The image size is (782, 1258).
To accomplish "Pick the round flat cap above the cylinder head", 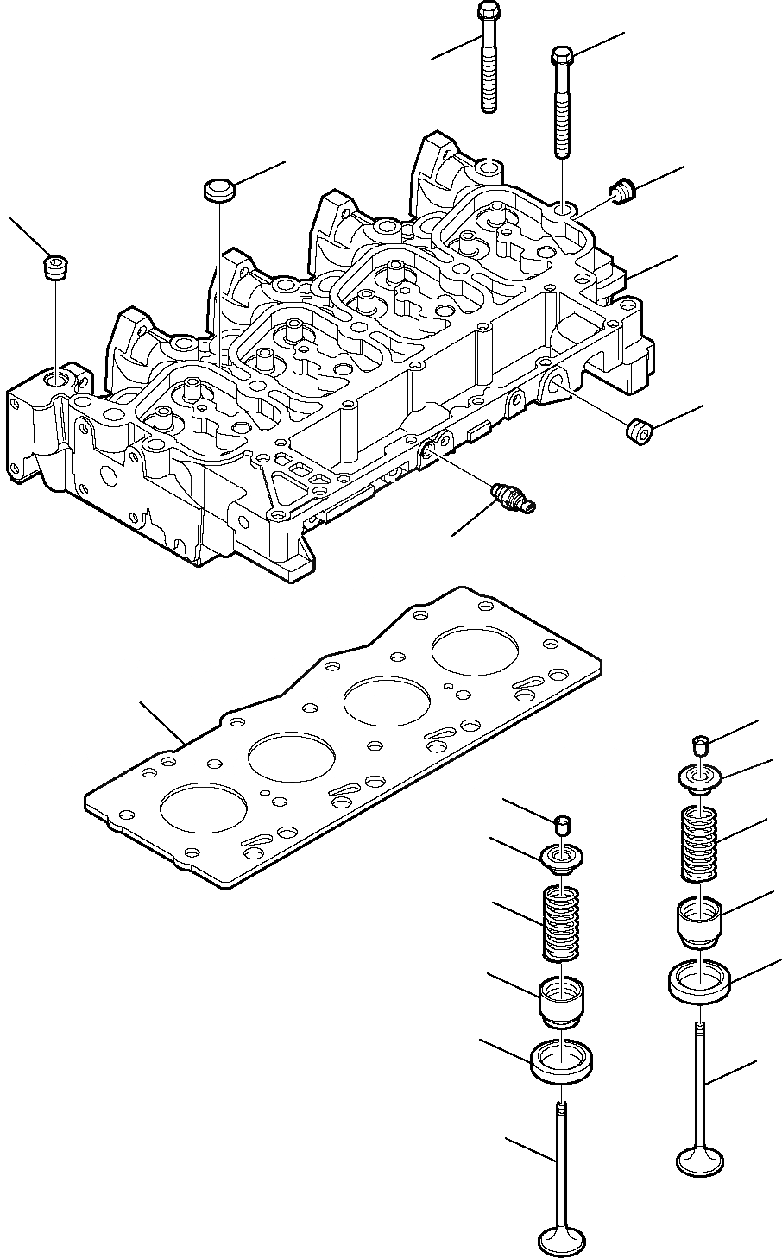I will pos(219,190).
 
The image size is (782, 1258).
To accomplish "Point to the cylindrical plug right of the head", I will pos(639,431).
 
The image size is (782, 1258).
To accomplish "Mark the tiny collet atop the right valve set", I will pos(702,742).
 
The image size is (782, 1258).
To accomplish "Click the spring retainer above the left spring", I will pos(561,860).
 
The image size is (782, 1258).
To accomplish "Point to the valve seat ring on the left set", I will pos(561,1061).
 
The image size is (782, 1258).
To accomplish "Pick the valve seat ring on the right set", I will pos(701,980).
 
